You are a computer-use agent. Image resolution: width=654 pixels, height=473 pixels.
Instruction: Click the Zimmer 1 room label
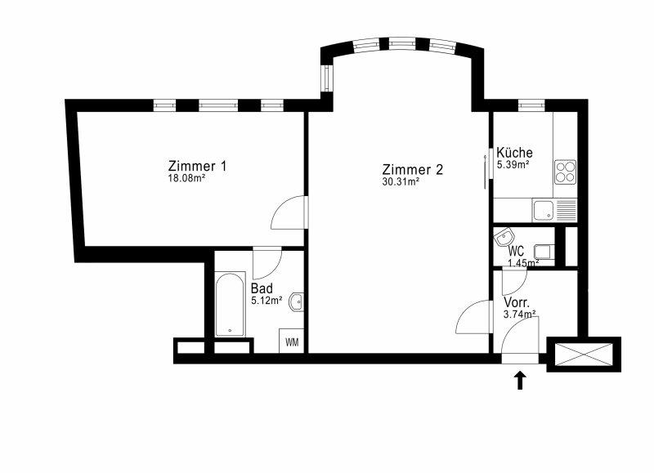[x=197, y=166]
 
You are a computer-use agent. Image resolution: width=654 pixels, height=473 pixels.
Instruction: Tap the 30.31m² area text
[x=401, y=181]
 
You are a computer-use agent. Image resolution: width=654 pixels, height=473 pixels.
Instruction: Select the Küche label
[x=514, y=153]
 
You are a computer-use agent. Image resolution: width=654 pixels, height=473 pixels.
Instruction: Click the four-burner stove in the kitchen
[x=565, y=172]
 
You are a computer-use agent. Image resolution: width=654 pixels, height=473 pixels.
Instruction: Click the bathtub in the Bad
[x=230, y=304]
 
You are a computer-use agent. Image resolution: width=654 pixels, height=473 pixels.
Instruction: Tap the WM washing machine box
[x=292, y=341]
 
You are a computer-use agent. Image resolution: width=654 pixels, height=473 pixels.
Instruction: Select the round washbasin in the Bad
[x=298, y=301]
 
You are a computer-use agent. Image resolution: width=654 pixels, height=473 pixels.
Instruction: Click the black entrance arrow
[x=520, y=381]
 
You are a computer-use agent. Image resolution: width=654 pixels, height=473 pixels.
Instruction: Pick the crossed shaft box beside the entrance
[x=584, y=355]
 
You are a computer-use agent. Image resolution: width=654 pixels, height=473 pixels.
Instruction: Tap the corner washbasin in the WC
[x=504, y=238]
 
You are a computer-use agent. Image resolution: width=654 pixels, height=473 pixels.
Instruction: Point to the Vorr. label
[x=517, y=302]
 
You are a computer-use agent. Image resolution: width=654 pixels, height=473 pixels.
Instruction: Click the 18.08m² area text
[x=186, y=178]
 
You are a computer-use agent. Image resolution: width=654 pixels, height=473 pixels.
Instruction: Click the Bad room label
[x=262, y=288]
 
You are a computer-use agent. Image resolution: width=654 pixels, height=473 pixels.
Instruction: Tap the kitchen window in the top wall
[x=531, y=105]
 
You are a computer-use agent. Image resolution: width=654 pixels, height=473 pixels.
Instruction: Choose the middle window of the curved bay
[x=401, y=43]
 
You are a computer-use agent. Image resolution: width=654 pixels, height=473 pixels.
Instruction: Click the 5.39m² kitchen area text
[x=513, y=164]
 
